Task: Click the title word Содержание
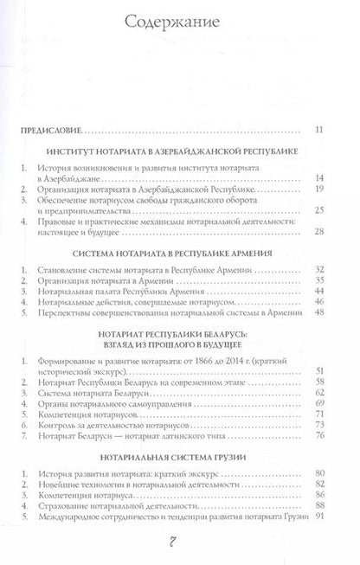(181, 20)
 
